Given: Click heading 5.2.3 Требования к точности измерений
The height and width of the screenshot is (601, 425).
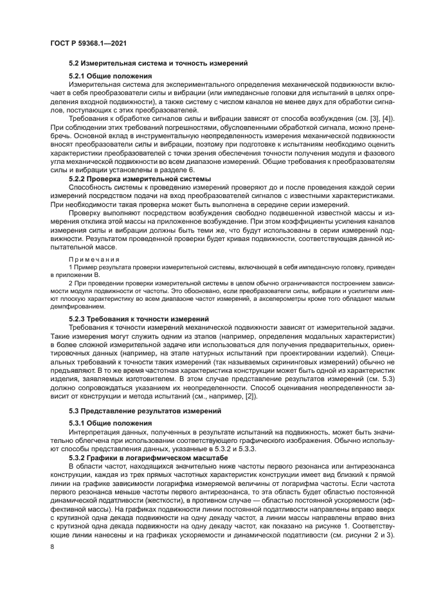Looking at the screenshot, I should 138,319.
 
